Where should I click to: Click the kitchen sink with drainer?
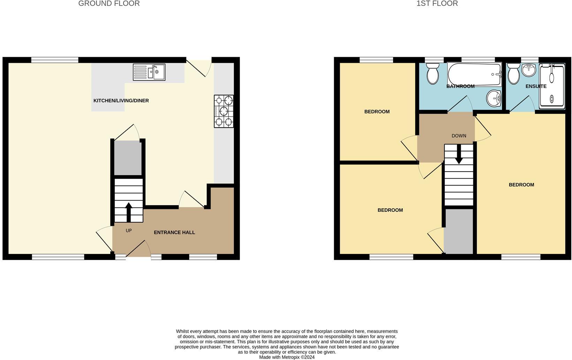pyautogui.click(x=149, y=72)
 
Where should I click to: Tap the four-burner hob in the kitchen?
pyautogui.click(x=224, y=111)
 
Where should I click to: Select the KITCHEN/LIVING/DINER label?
pyautogui.click(x=121, y=101)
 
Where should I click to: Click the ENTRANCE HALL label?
pyautogui.click(x=174, y=233)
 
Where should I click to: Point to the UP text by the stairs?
pyautogui.click(x=129, y=231)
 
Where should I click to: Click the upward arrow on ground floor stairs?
pyautogui.click(x=128, y=211)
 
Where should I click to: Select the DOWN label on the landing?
pyautogui.click(x=459, y=136)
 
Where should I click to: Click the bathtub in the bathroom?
pyautogui.click(x=474, y=74)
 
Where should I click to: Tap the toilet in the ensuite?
pyautogui.click(x=513, y=74)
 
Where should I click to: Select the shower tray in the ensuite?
pyautogui.click(x=552, y=86)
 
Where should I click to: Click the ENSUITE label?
pyautogui.click(x=536, y=86)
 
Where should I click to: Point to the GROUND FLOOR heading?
pyautogui.click(x=109, y=3)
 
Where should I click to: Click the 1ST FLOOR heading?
pyautogui.click(x=437, y=3)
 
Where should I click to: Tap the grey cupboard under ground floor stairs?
pyautogui.click(x=128, y=158)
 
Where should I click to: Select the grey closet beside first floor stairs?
pyautogui.click(x=458, y=231)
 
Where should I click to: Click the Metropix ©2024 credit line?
pyautogui.click(x=287, y=357)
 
